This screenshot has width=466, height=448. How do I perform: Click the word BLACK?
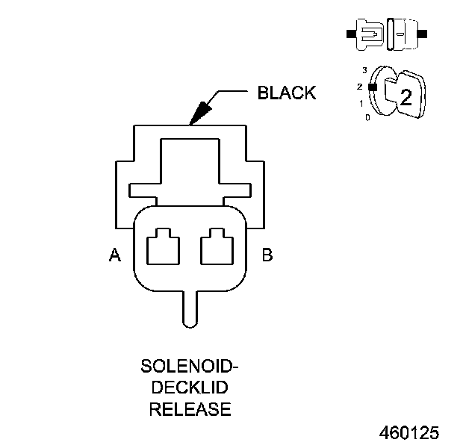pos(286,93)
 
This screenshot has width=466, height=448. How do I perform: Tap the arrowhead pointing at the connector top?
pos(199,113)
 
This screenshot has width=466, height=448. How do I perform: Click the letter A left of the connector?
pos(115,256)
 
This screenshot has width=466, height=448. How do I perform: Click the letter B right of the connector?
pos(267,256)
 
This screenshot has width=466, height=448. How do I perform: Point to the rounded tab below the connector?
pos(190,308)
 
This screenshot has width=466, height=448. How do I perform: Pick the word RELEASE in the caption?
pos(190,409)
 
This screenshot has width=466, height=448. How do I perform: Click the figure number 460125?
pos(409,433)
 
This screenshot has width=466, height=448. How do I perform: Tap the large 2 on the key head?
pos(406,96)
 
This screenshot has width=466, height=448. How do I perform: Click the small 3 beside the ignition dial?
pos(364,70)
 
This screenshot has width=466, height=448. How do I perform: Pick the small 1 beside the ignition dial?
pos(361,103)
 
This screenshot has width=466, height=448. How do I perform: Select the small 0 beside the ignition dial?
pos(366,117)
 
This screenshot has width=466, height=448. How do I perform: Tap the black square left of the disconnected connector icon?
pos(351,34)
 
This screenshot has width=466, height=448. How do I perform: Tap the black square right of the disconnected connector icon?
pos(423,34)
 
